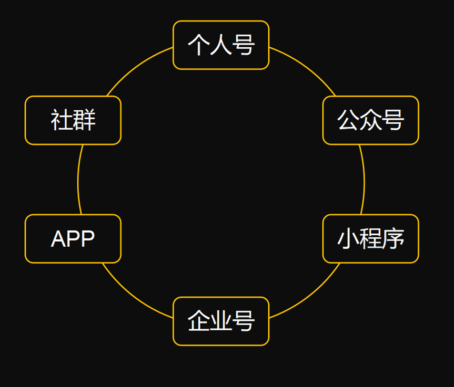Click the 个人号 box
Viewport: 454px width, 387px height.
221,45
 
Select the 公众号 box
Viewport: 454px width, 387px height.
370,120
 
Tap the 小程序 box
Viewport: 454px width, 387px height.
370,239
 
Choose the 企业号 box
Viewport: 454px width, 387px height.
221,321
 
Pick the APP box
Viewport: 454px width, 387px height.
73,239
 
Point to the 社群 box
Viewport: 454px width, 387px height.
73,120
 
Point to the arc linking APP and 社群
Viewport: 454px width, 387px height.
78,180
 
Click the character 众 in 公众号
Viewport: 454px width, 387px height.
370,120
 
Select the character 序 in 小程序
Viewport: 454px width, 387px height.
394,239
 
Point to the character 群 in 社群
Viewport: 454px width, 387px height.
85,120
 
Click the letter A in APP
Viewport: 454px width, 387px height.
57,239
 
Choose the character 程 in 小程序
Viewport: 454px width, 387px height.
370,239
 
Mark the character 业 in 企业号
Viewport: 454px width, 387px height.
221,321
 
